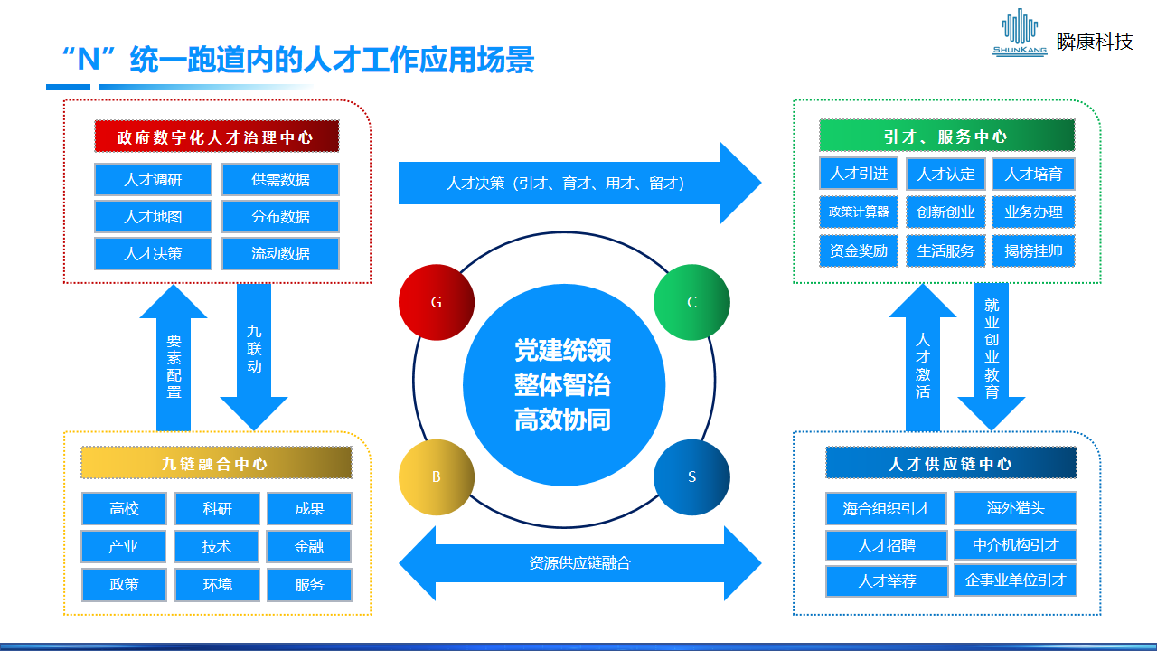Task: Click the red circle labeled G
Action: point(437,302)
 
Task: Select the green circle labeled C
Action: point(691,302)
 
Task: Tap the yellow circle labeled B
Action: point(437,476)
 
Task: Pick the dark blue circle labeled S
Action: point(691,476)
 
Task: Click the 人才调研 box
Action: point(153,180)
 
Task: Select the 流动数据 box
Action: point(280,254)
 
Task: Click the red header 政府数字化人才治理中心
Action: point(216,137)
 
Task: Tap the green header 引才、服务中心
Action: point(946,137)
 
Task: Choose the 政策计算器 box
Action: point(859,212)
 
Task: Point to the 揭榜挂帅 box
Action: point(1033,250)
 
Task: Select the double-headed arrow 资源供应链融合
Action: point(579,563)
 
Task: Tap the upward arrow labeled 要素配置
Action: point(174,362)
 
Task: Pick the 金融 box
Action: point(309,547)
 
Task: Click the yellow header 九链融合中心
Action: point(216,463)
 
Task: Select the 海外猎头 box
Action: point(1015,508)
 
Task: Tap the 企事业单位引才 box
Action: point(1015,580)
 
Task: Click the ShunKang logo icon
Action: point(1020,33)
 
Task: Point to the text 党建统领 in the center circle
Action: point(563,351)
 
